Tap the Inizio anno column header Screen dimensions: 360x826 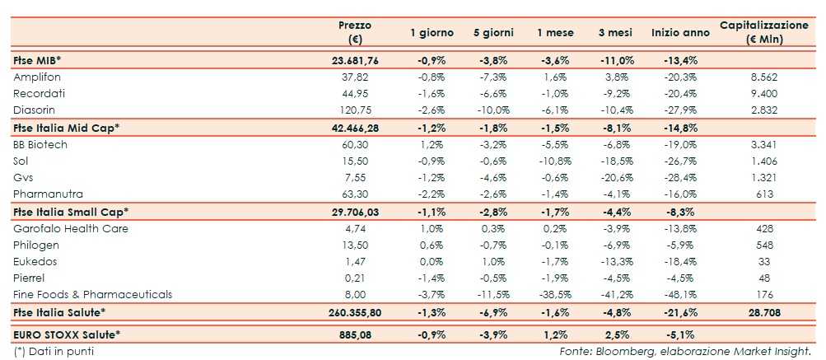tap(679, 33)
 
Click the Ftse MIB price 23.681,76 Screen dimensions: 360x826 tap(356, 60)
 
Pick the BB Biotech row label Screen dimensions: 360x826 tap(40, 144)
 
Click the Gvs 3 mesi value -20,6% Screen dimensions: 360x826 tap(615, 177)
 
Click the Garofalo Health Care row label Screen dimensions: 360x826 tap(70, 228)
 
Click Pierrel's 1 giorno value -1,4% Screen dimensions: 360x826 tap(431, 278)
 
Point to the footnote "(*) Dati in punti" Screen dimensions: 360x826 tap(55, 351)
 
